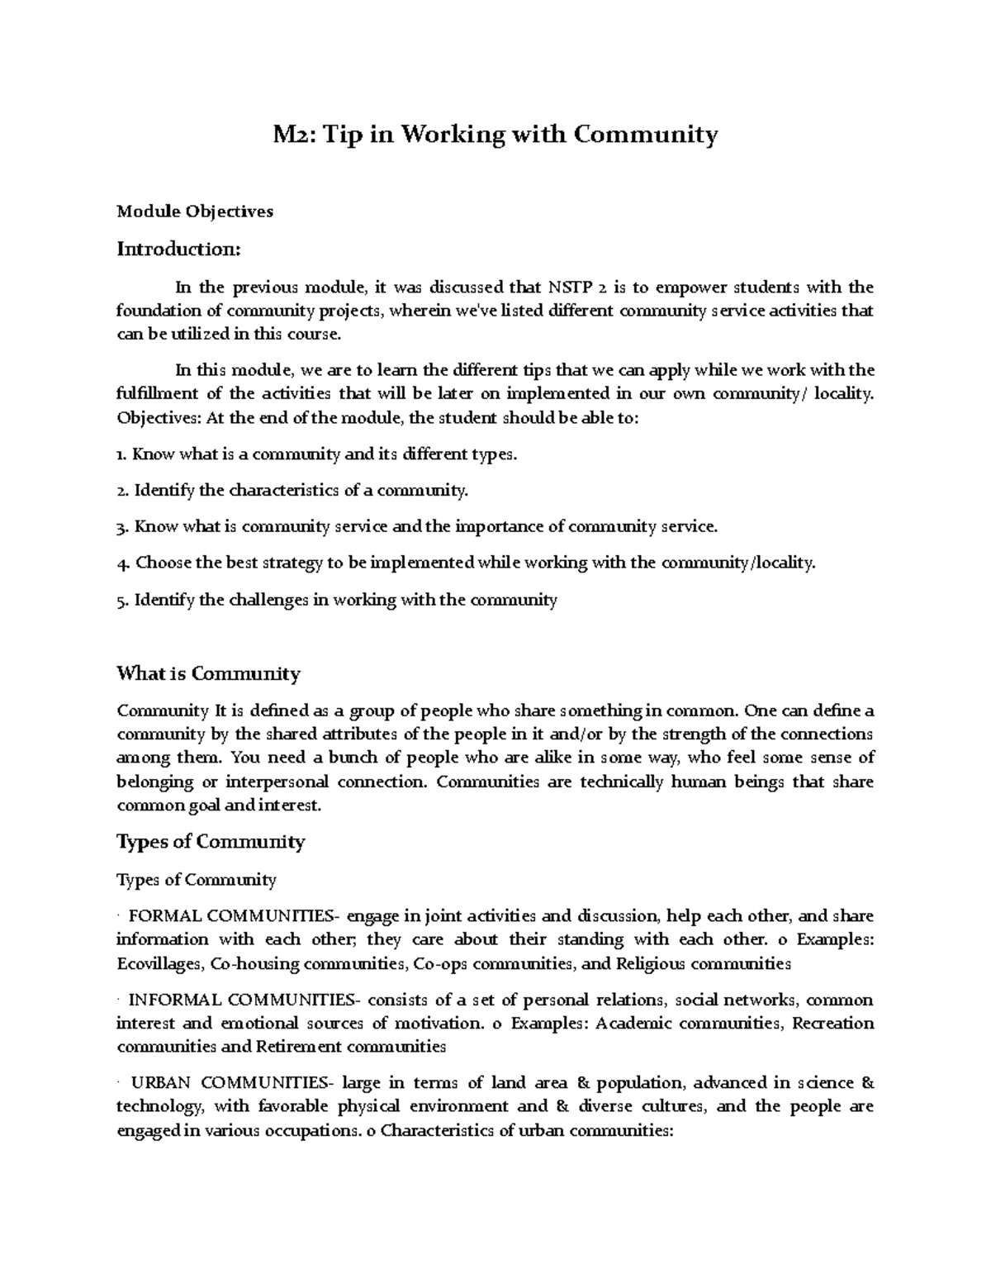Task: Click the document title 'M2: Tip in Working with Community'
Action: (495, 134)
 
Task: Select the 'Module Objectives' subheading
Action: (195, 211)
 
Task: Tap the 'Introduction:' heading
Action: (178, 249)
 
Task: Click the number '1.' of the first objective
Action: (122, 454)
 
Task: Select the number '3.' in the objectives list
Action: (123, 527)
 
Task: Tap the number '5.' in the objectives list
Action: (123, 600)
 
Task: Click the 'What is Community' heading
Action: (208, 673)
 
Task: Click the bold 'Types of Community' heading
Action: (211, 842)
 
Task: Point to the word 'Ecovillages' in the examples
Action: (159, 963)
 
